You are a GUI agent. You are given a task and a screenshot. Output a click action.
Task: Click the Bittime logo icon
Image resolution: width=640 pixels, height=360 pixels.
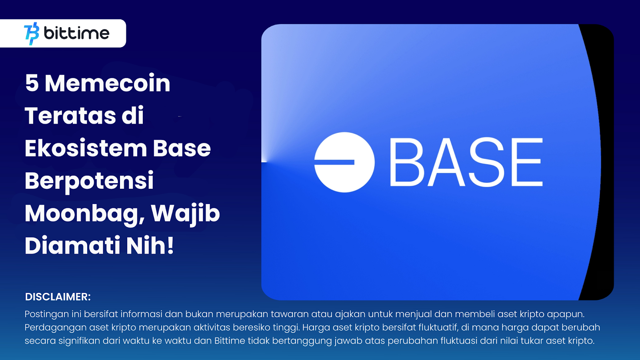[32, 34]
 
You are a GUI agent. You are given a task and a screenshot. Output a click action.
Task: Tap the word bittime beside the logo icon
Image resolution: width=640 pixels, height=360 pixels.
[76, 33]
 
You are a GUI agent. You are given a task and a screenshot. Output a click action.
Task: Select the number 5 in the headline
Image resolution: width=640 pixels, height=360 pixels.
[32, 84]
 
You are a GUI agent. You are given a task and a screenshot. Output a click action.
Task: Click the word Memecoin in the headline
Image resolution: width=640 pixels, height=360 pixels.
[108, 83]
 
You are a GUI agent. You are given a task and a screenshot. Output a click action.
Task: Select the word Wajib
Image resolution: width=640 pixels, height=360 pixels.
[185, 214]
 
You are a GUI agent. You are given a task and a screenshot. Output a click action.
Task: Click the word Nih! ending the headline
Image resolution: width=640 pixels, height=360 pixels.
[150, 246]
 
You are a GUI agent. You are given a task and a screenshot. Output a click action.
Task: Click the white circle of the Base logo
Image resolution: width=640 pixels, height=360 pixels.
[344, 162]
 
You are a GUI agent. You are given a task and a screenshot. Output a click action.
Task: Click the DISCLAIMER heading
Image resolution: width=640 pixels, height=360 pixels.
[58, 297]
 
